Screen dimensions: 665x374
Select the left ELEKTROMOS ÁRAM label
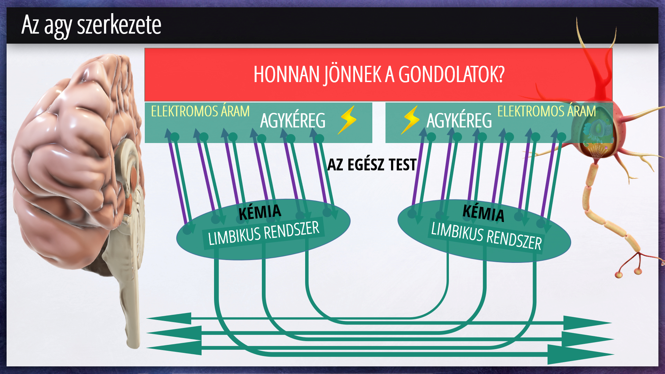200,111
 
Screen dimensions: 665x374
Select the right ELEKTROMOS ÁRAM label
547,111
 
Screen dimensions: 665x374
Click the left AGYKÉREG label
293,121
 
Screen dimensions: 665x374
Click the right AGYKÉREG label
459,121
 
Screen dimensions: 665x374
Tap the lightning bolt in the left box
347,120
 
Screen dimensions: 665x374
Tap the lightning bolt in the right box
410,120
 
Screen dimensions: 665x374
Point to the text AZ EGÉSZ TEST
372,165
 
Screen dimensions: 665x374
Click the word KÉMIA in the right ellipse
484,213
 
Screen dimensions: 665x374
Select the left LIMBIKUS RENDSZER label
264,233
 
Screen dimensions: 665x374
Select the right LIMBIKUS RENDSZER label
486,236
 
